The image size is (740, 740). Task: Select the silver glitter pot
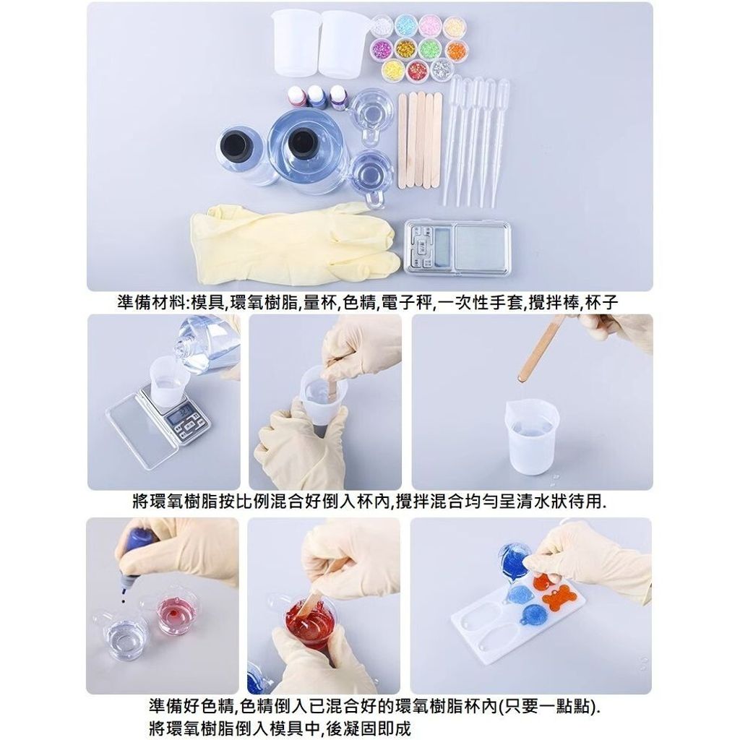click(x=442, y=69)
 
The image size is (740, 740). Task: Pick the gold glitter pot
click(x=405, y=49)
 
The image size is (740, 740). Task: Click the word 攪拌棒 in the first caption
click(x=554, y=302)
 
